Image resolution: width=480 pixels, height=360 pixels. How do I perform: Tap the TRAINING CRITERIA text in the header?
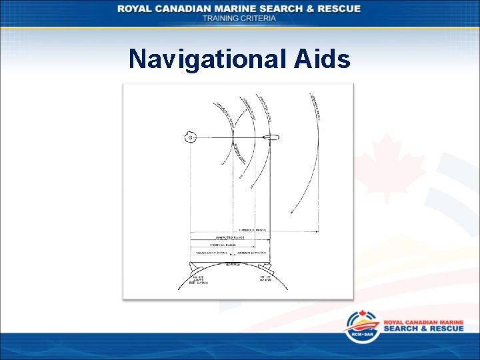239,18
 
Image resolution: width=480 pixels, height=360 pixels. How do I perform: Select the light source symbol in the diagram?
191,138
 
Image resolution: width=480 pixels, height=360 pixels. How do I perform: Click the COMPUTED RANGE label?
229,237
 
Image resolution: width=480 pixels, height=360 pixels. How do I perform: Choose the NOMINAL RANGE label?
221,245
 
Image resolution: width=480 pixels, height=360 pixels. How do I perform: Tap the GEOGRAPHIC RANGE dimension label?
211,253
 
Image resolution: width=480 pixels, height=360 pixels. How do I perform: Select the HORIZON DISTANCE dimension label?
251,253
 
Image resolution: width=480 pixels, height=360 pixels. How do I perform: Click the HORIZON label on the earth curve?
232,265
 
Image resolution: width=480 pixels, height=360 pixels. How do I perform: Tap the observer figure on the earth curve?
265,268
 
